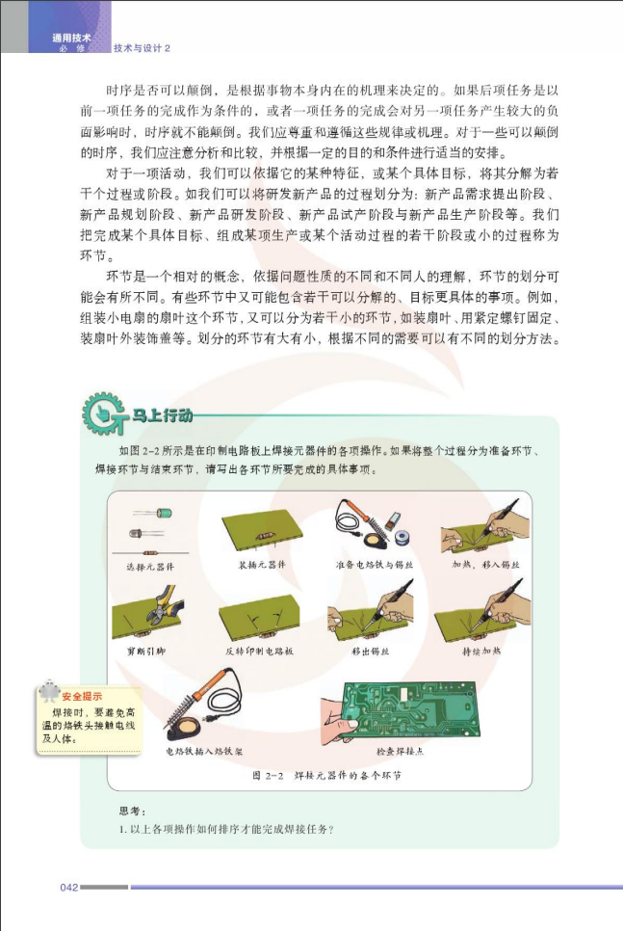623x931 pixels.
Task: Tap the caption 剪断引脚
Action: (147, 652)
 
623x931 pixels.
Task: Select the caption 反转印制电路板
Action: (259, 652)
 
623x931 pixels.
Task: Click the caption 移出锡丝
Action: (371, 652)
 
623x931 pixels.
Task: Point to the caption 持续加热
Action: (481, 652)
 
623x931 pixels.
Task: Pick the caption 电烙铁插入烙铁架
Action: (202, 751)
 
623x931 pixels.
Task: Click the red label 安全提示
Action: (82, 696)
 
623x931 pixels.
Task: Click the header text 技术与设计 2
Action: (142, 48)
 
